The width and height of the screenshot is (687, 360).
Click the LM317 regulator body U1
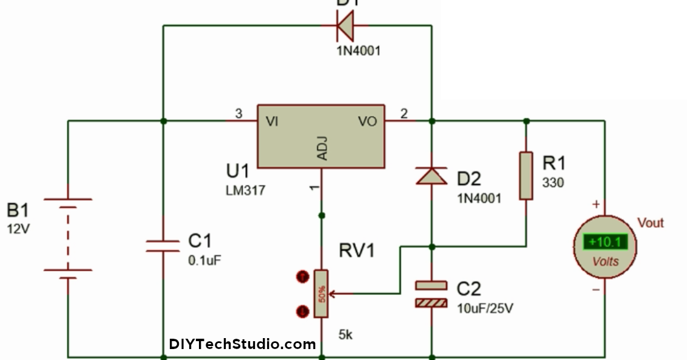[x=321, y=135]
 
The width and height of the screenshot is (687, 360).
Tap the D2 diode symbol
[x=431, y=176]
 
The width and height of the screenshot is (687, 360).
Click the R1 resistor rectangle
[x=526, y=176]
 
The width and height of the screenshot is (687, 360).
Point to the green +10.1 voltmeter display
[x=605, y=243]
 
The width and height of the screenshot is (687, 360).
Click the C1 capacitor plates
[x=163, y=246]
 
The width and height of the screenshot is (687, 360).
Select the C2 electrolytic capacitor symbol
[x=431, y=294]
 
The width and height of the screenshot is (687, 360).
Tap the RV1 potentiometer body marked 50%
[x=321, y=294]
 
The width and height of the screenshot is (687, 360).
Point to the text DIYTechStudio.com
[x=242, y=344]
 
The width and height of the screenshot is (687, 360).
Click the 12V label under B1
[x=18, y=230]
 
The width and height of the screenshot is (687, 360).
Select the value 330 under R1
[x=553, y=182]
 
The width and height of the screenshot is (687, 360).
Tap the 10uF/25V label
[x=485, y=308]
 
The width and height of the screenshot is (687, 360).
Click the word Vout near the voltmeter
[x=650, y=223]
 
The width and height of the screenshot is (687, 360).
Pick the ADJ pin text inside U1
[x=322, y=147]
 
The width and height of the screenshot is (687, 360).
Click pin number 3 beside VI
[x=239, y=113]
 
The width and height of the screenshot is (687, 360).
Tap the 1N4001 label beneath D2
[x=480, y=198]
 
